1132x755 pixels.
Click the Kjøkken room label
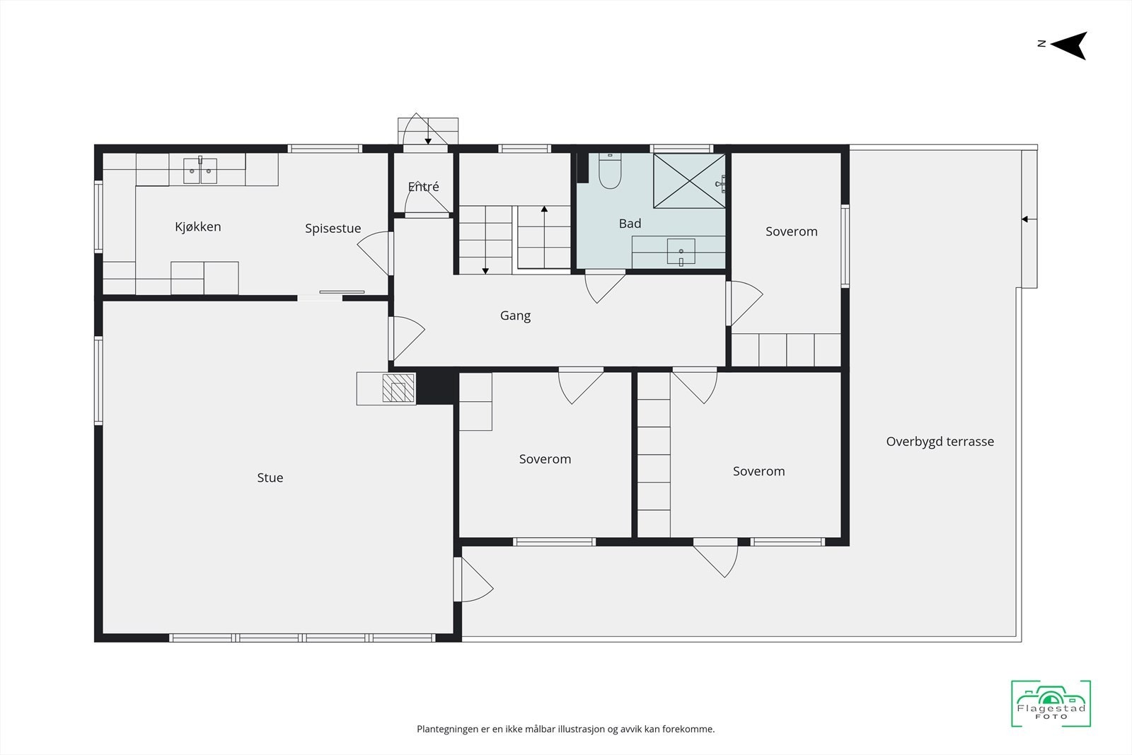[198, 226]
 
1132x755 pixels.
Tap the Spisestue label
[333, 228]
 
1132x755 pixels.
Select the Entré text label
[423, 187]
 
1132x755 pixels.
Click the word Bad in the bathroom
[630, 224]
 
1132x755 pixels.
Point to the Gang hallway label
[515, 316]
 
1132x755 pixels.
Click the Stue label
[270, 478]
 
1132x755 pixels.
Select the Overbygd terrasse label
[940, 442]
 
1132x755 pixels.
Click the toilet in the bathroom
[609, 173]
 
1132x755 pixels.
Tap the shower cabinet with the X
[688, 181]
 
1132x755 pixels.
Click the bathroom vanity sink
[681, 251]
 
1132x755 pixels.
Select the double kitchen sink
[200, 171]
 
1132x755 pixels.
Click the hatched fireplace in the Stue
[398, 388]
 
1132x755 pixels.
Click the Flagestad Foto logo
[1051, 703]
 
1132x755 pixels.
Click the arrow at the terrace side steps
[1026, 219]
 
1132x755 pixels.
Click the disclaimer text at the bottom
[565, 729]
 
